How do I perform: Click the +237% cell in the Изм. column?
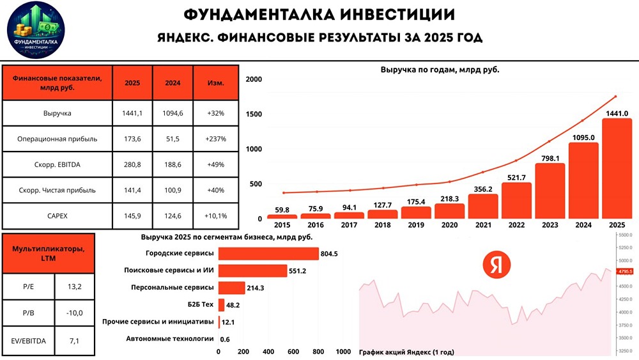216,137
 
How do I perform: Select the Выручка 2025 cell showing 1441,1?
132,113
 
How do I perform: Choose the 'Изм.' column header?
216,83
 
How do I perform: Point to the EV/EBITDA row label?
29,341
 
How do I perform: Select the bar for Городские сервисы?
268,254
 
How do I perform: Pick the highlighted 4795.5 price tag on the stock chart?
625,271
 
